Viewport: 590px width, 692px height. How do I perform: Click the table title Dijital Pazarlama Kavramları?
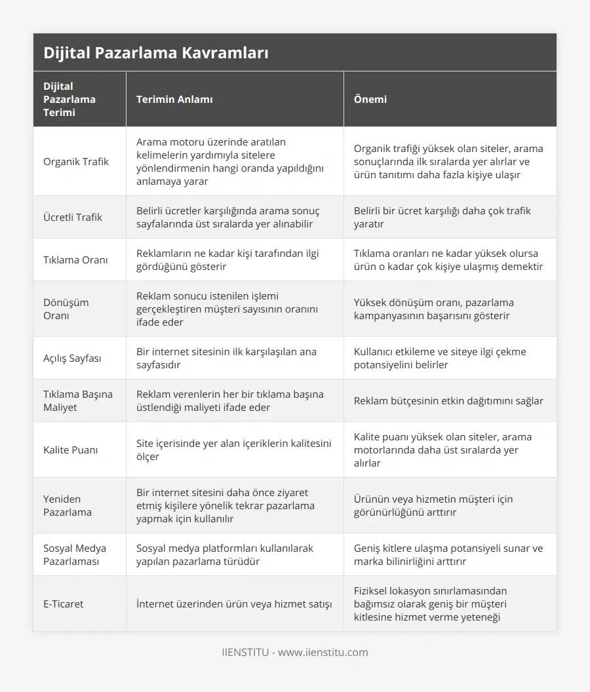155,53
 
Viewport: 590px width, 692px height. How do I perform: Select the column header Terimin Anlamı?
174,99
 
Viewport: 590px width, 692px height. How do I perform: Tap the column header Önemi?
370,99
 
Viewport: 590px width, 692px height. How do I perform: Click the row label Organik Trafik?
76,161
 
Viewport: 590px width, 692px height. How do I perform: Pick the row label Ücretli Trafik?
73,217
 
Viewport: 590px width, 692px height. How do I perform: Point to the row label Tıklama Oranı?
76,259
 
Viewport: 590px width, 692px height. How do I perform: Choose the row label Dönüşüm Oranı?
66,309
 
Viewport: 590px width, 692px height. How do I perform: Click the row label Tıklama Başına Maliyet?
78,400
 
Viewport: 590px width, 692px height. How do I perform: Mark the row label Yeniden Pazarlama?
68,505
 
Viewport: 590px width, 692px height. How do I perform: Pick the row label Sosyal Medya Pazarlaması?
75,554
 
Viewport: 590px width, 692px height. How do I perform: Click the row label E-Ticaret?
64,604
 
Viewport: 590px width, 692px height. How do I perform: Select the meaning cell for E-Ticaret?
234,604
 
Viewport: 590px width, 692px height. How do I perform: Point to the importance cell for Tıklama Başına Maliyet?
448,400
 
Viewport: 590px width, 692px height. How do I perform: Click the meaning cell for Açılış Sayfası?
226,358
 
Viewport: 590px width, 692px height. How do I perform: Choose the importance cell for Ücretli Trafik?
442,217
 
